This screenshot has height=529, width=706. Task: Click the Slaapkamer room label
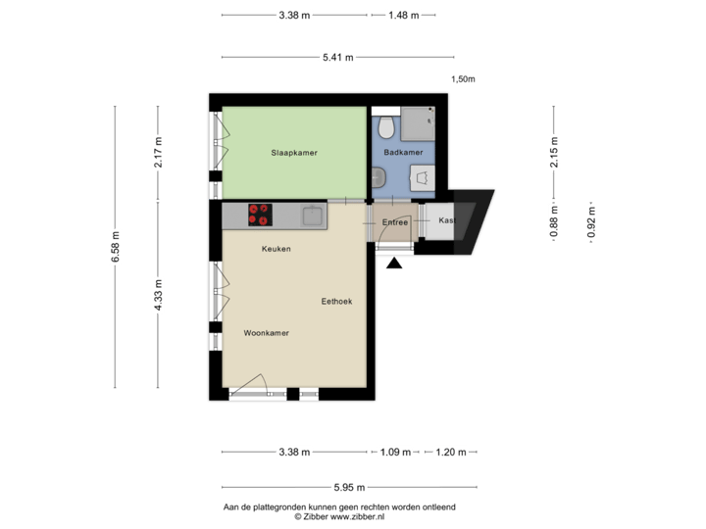click(294, 153)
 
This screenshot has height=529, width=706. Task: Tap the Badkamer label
click(403, 153)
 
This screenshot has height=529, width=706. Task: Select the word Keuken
click(276, 249)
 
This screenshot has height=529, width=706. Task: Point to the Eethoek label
click(336, 301)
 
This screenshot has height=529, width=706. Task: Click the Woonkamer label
click(266, 333)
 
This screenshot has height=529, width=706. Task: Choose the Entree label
click(395, 222)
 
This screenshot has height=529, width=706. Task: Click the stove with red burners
click(261, 215)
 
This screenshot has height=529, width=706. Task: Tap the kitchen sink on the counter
click(313, 215)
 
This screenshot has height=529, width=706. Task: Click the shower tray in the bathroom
click(421, 124)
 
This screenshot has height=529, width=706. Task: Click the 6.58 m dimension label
click(117, 248)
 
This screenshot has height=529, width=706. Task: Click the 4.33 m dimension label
click(158, 296)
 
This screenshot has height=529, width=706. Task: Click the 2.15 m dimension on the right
click(554, 152)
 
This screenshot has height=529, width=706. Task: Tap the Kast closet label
click(446, 220)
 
